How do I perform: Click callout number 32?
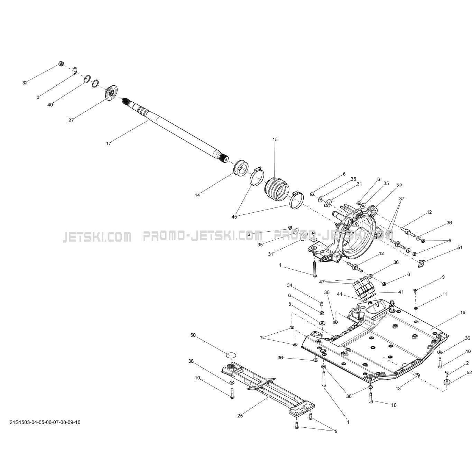[x=25, y=83]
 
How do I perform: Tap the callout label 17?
[x=109, y=144]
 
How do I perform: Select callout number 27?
[x=71, y=120]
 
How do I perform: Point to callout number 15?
[x=275, y=140]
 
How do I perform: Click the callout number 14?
[x=197, y=195]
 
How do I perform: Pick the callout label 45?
[x=235, y=217]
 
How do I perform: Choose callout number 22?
[x=399, y=186]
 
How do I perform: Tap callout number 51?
[x=460, y=248]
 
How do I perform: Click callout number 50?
[x=193, y=335]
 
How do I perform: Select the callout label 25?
[x=240, y=416]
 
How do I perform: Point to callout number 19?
[x=463, y=313]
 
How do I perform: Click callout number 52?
[x=469, y=372]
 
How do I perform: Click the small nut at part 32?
[x=61, y=63]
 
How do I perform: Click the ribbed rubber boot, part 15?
[x=277, y=189]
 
